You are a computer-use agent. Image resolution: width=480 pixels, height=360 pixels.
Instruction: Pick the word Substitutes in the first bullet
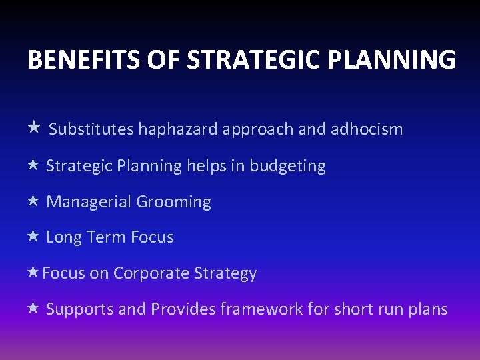[91, 129]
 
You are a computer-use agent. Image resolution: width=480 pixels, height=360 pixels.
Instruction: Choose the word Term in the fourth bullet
[107, 237]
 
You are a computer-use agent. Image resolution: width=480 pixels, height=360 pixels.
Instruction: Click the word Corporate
[151, 273]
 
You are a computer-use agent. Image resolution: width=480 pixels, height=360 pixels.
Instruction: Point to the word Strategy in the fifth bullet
[225, 273]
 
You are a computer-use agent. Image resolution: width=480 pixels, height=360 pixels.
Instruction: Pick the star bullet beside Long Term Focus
[34, 237]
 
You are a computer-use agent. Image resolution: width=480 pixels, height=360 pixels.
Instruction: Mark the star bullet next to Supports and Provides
[34, 309]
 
